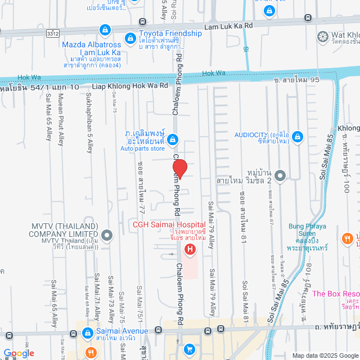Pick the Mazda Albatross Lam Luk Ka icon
click(104, 29)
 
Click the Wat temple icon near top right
click(323, 37)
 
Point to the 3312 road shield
click(53, 34)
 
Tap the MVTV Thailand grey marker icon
click(106, 234)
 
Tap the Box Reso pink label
click(335, 294)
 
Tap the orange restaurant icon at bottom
click(90, 353)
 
